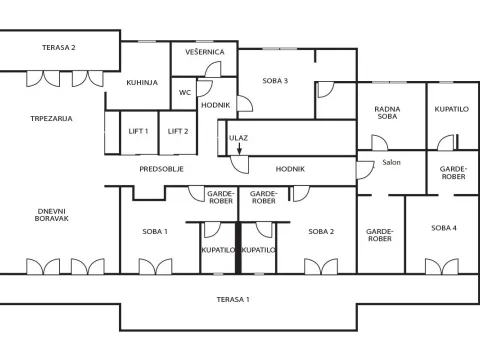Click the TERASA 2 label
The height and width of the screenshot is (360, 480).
tap(59, 47)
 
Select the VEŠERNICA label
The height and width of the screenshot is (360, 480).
tap(204, 51)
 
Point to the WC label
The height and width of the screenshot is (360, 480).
tap(185, 92)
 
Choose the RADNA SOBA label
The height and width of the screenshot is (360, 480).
tap(388, 114)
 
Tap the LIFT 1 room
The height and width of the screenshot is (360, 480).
tap(138, 131)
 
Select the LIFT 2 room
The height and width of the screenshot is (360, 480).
tap(177, 131)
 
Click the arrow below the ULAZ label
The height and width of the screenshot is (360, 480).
tap(239, 149)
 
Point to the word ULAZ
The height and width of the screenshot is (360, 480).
tap(239, 137)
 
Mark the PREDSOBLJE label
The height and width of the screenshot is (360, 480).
tap(161, 169)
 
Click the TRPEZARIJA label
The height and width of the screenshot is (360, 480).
tap(51, 118)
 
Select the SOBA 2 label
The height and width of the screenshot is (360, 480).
tap(320, 231)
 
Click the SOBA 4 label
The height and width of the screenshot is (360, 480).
tap(444, 228)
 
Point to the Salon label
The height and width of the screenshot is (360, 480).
tap(391, 163)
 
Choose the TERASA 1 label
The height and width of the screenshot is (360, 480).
tap(233, 299)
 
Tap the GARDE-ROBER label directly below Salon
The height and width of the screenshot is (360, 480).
tap(380, 234)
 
